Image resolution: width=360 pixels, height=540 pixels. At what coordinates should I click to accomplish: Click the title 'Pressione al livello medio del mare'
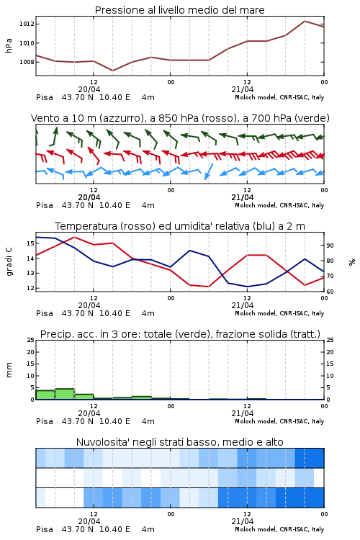click(179, 10)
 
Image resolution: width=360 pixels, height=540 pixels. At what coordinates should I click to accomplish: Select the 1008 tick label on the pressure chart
click(27, 62)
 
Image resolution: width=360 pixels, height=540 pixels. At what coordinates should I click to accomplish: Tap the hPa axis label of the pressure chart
click(9, 45)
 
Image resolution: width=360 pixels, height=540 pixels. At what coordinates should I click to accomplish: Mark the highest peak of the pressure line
click(305, 21)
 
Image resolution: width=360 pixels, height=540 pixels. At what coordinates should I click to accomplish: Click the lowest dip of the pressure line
click(112, 71)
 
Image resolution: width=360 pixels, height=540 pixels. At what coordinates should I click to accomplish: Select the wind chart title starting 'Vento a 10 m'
click(180, 118)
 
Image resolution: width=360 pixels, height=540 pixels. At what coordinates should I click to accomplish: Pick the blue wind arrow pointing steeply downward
click(209, 171)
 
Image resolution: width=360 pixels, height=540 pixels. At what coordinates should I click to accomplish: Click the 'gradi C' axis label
click(9, 262)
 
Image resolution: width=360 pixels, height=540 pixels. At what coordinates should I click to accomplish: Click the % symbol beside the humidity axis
click(352, 262)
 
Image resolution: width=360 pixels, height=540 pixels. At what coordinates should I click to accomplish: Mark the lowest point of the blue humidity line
click(247, 287)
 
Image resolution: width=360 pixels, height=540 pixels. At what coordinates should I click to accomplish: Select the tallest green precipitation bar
click(65, 394)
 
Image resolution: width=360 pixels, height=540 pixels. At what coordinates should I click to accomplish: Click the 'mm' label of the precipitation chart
click(9, 370)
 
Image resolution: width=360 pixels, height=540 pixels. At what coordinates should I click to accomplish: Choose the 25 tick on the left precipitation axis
click(30, 340)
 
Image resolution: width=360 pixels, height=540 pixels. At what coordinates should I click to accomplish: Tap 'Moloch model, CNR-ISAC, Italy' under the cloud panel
click(279, 529)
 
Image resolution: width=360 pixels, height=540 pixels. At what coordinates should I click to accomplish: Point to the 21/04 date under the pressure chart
click(242, 89)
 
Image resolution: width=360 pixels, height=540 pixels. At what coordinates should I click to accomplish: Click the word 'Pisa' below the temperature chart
click(45, 313)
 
